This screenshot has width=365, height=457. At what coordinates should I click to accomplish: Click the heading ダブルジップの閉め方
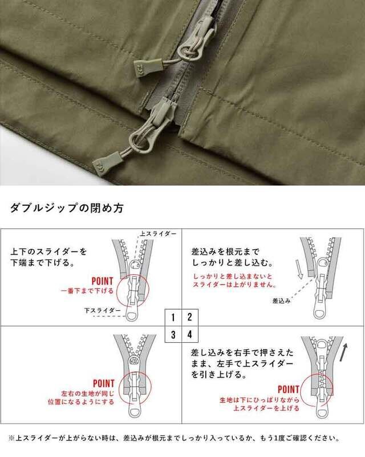67,208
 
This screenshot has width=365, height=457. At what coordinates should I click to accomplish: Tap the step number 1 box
173,317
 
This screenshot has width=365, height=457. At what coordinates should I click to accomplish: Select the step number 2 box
190,317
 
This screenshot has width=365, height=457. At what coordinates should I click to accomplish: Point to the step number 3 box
173,334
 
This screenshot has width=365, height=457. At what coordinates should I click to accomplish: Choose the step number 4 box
190,334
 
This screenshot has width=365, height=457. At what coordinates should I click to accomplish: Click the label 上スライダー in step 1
159,234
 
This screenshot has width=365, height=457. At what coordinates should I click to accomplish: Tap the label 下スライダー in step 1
103,310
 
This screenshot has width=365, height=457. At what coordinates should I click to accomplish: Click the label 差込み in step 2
282,301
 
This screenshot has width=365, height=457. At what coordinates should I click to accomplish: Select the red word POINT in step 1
102,281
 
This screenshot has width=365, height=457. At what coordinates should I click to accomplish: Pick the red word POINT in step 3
104,383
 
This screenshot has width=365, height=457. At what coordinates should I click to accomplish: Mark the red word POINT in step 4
289,390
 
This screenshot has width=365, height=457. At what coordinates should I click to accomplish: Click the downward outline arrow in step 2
299,269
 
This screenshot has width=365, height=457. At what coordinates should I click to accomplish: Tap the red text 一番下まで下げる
87,291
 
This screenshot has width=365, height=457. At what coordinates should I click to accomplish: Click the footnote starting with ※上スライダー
174,438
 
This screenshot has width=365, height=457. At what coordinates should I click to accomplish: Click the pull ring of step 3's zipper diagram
135,412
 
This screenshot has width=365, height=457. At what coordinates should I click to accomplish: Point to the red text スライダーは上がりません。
234,284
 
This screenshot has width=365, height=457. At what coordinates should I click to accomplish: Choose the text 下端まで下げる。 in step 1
43,263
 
